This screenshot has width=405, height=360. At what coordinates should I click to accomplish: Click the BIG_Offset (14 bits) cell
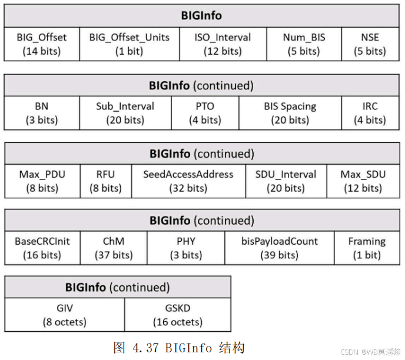pos(42,44)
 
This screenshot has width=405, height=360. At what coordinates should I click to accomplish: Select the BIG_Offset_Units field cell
pos(130,44)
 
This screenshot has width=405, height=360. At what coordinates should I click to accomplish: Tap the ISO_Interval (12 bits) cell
pos(223,44)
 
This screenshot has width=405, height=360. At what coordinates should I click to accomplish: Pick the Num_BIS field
pos(304,44)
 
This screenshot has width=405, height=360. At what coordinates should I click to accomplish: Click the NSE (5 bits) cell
pos(370,44)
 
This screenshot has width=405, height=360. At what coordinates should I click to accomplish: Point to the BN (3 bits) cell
pos(42,113)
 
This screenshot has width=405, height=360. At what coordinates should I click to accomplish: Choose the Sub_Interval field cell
pos(125,113)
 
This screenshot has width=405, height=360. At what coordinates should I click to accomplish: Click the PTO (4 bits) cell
pos(205,113)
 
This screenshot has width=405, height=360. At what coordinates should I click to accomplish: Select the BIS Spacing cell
pos(290,113)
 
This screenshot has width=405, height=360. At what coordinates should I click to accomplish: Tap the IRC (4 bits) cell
pos(370,113)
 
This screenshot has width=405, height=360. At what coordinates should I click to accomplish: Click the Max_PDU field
pos(42,181)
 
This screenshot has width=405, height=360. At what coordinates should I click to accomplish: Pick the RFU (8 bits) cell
pos(106,181)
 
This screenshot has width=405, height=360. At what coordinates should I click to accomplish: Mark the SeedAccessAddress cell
pos(188,181)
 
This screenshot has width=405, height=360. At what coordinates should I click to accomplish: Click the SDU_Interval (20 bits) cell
pos(286,181)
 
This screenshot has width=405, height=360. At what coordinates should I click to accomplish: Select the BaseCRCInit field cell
pos(42,248)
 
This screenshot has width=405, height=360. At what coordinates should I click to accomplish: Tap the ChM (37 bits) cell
pos(114,248)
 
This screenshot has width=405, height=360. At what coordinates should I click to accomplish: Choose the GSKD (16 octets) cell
pos(178,315)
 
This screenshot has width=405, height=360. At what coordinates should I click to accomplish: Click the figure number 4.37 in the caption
pos(145,348)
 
